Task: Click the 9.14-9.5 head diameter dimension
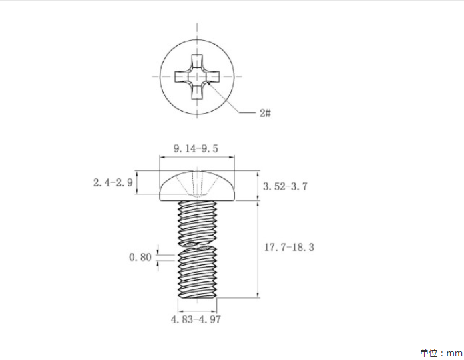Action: tap(196, 148)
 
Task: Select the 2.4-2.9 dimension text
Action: tap(113, 182)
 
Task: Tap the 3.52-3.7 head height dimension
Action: tap(285, 186)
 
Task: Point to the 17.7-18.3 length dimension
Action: tap(289, 247)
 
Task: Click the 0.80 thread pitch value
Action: tap(140, 257)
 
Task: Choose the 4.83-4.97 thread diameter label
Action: tap(196, 319)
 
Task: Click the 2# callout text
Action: tap(266, 113)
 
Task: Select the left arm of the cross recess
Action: tap(182, 77)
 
